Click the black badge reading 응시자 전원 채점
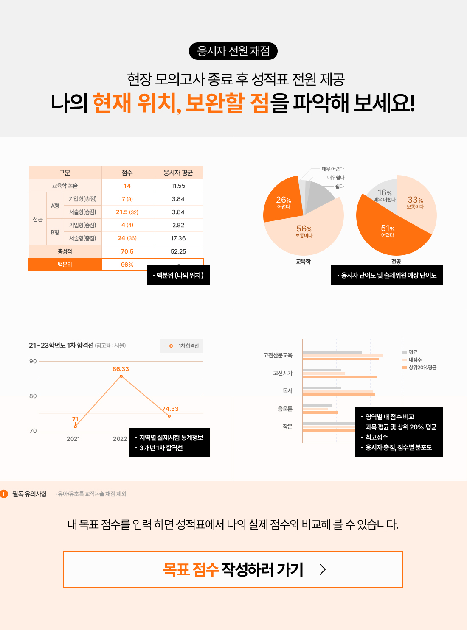tap(233, 51)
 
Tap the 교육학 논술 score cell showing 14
tap(127, 186)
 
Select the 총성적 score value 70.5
tap(127, 251)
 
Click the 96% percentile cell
tap(127, 265)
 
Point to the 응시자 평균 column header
tap(178, 173)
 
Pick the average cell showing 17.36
tap(178, 238)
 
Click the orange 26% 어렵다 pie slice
tap(283, 201)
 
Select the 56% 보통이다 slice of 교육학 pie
tap(304, 231)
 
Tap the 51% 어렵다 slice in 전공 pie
tap(388, 231)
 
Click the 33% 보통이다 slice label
tap(415, 202)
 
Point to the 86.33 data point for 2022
tap(121, 376)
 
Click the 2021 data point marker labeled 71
tap(75, 427)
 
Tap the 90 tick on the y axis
tap(33, 361)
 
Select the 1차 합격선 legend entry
tap(182, 346)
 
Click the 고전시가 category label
tap(283, 373)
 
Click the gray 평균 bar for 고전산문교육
tap(332, 352)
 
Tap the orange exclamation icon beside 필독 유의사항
tap(4, 494)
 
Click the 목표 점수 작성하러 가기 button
tap(233, 569)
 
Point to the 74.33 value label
tap(170, 409)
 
